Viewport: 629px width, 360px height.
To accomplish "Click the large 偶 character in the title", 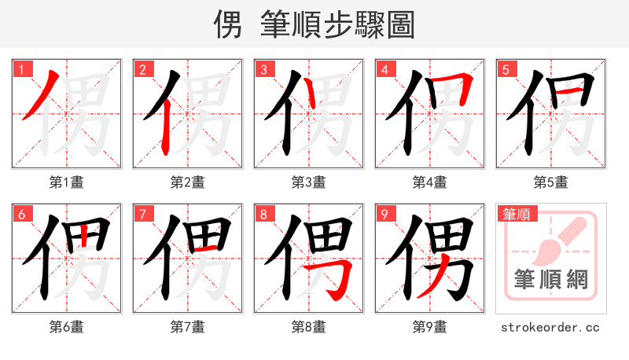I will [229, 25].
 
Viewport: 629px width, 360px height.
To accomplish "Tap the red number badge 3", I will [263, 69].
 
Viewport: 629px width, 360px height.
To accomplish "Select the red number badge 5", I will [506, 69].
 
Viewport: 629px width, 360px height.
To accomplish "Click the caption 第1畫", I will [67, 182].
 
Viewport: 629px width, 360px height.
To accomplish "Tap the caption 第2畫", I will [188, 182].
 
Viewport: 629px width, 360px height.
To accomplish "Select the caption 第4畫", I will [430, 182].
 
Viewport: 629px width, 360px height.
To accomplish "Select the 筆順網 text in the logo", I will [551, 279].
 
